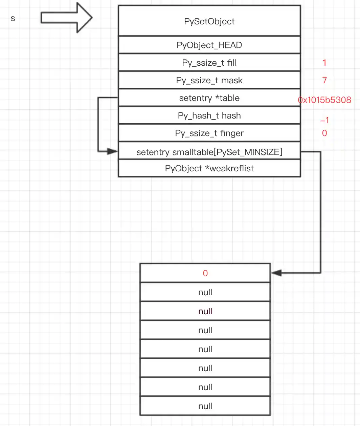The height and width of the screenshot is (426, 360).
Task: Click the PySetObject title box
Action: (209, 21)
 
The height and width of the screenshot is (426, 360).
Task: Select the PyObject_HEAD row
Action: (209, 45)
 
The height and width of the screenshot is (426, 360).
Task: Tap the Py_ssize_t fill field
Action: (209, 63)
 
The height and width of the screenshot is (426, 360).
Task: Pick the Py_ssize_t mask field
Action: (209, 80)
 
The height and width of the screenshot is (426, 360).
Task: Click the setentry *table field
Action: (209, 98)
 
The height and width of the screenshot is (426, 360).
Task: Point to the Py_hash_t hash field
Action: (209, 115)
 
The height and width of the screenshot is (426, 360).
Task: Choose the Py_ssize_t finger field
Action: (209, 133)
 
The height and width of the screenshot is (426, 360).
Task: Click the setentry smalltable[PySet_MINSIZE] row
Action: (209, 152)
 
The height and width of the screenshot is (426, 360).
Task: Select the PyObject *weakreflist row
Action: (209, 168)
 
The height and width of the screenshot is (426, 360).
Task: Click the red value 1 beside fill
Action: (324, 63)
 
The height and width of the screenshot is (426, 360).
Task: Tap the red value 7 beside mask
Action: (324, 80)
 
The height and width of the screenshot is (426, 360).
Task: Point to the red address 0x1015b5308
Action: (324, 100)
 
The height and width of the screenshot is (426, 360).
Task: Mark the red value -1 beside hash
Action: (324, 120)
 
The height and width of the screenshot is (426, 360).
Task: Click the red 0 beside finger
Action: (324, 133)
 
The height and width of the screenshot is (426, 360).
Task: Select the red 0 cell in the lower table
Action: (205, 273)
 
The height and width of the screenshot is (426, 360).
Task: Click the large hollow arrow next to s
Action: (66, 18)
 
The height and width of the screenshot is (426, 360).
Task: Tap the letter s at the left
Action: (13, 18)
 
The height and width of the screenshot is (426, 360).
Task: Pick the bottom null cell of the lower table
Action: (205, 406)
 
